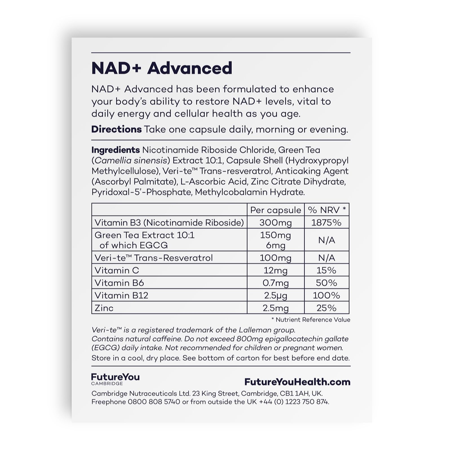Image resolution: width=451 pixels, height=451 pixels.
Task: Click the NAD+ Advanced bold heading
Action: tap(162, 68)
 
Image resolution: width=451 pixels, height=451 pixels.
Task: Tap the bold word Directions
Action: tap(116, 129)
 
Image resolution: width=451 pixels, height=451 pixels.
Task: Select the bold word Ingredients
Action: tap(116, 150)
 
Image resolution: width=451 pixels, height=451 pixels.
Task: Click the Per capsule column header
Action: tap(276, 210)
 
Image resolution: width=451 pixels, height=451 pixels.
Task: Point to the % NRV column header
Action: tap(327, 210)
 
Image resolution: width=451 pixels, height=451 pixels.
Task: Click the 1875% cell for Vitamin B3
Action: tap(326, 223)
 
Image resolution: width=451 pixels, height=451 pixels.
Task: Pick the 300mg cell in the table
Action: tap(276, 223)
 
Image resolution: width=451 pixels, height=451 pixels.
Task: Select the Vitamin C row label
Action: tap(117, 270)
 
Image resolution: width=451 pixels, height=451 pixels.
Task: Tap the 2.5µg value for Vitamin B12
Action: tap(276, 295)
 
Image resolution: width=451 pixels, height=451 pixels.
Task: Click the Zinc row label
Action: tap(104, 308)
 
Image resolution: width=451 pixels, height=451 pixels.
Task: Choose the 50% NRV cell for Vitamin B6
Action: tap(326, 283)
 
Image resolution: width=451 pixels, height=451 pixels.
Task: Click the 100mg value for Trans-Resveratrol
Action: tap(276, 258)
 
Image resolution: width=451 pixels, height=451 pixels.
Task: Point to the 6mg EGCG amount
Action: tap(276, 245)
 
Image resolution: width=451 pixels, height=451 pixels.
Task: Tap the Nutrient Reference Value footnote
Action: tap(311, 320)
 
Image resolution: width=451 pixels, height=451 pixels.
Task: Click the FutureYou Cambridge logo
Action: tap(115, 379)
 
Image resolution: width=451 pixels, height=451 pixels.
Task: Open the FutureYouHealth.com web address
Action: tap(297, 382)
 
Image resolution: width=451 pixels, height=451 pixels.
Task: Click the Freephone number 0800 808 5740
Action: tap(154, 402)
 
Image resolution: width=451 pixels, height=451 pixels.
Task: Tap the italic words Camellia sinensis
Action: tap(131, 160)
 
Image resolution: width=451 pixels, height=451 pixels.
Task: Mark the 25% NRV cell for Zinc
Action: tap(326, 308)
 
